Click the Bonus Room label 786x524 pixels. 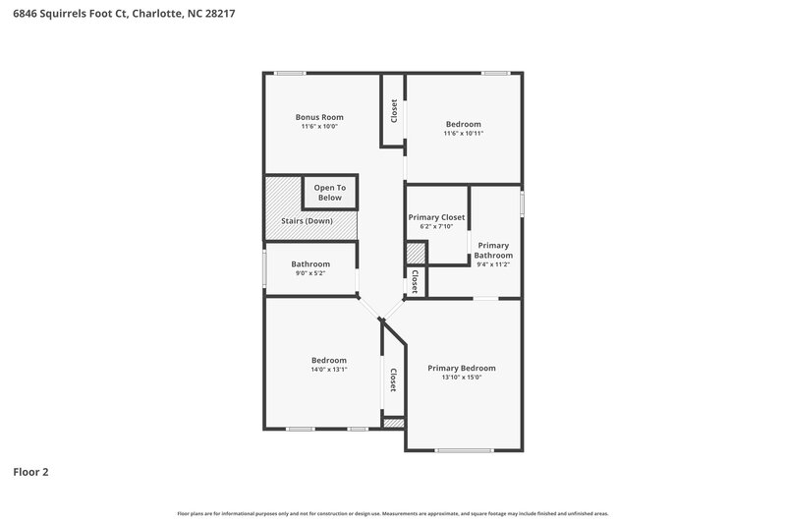point(312,117)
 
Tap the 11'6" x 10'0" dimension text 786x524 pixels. point(312,127)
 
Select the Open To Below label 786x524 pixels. point(329,193)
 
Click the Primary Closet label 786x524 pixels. point(436,217)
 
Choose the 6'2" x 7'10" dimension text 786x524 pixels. point(436,227)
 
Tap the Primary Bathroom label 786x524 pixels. point(493,250)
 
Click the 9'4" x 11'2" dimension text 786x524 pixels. point(493,264)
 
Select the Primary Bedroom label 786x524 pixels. point(462,369)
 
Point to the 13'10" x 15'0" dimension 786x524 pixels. point(462,378)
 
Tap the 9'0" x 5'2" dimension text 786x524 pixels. point(309,273)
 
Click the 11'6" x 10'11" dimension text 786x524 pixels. point(464,134)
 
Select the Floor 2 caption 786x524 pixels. point(30,472)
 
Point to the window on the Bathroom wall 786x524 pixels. point(263,268)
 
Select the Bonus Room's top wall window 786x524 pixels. point(289,73)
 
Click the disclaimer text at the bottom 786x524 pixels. point(393,513)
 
